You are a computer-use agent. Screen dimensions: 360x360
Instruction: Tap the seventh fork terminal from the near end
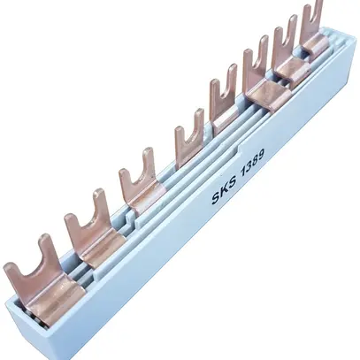click(x=285, y=44)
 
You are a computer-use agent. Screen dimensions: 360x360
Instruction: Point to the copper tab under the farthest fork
click(x=314, y=42)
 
